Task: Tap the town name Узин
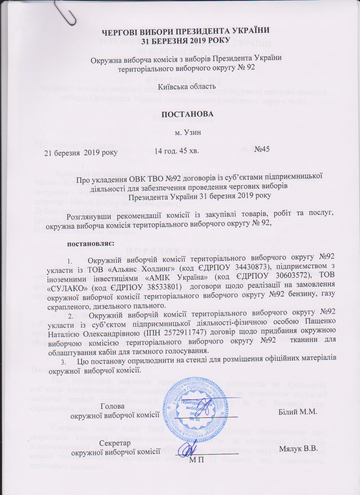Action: point(193,133)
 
